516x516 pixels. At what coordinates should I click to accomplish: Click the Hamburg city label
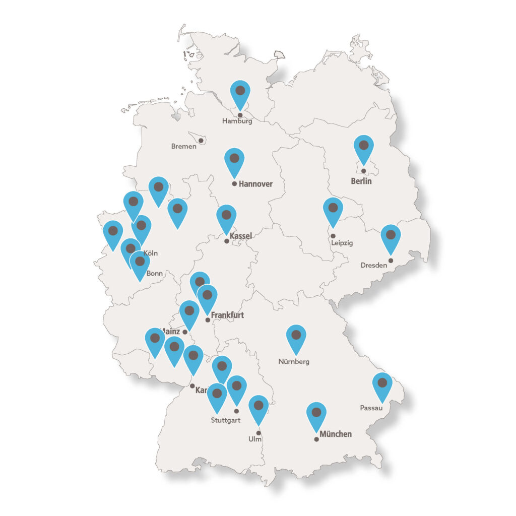[237, 121]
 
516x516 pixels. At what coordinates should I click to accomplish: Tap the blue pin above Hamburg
[240, 92]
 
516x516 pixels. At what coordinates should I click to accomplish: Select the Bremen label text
[183, 147]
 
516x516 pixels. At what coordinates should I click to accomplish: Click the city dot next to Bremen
[201, 140]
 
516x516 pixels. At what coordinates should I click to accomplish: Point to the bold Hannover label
[255, 184]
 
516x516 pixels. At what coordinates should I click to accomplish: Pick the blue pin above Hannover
[234, 160]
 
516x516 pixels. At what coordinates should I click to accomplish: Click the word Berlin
[361, 181]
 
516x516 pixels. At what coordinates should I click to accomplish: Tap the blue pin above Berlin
[363, 147]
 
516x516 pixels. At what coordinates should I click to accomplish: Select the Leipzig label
[342, 243]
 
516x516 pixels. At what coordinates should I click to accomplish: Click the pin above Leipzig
[333, 209]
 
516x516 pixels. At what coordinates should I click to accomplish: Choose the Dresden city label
[373, 265]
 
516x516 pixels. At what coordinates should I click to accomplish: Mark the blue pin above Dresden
[391, 236]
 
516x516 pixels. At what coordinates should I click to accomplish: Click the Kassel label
[240, 236]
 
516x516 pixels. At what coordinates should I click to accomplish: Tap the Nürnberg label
[294, 361]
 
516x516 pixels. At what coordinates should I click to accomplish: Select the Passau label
[371, 408]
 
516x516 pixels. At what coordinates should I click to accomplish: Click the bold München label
[336, 434]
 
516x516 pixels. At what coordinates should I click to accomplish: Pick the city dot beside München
[316, 439]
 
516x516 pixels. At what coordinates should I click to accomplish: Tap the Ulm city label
[255, 439]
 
